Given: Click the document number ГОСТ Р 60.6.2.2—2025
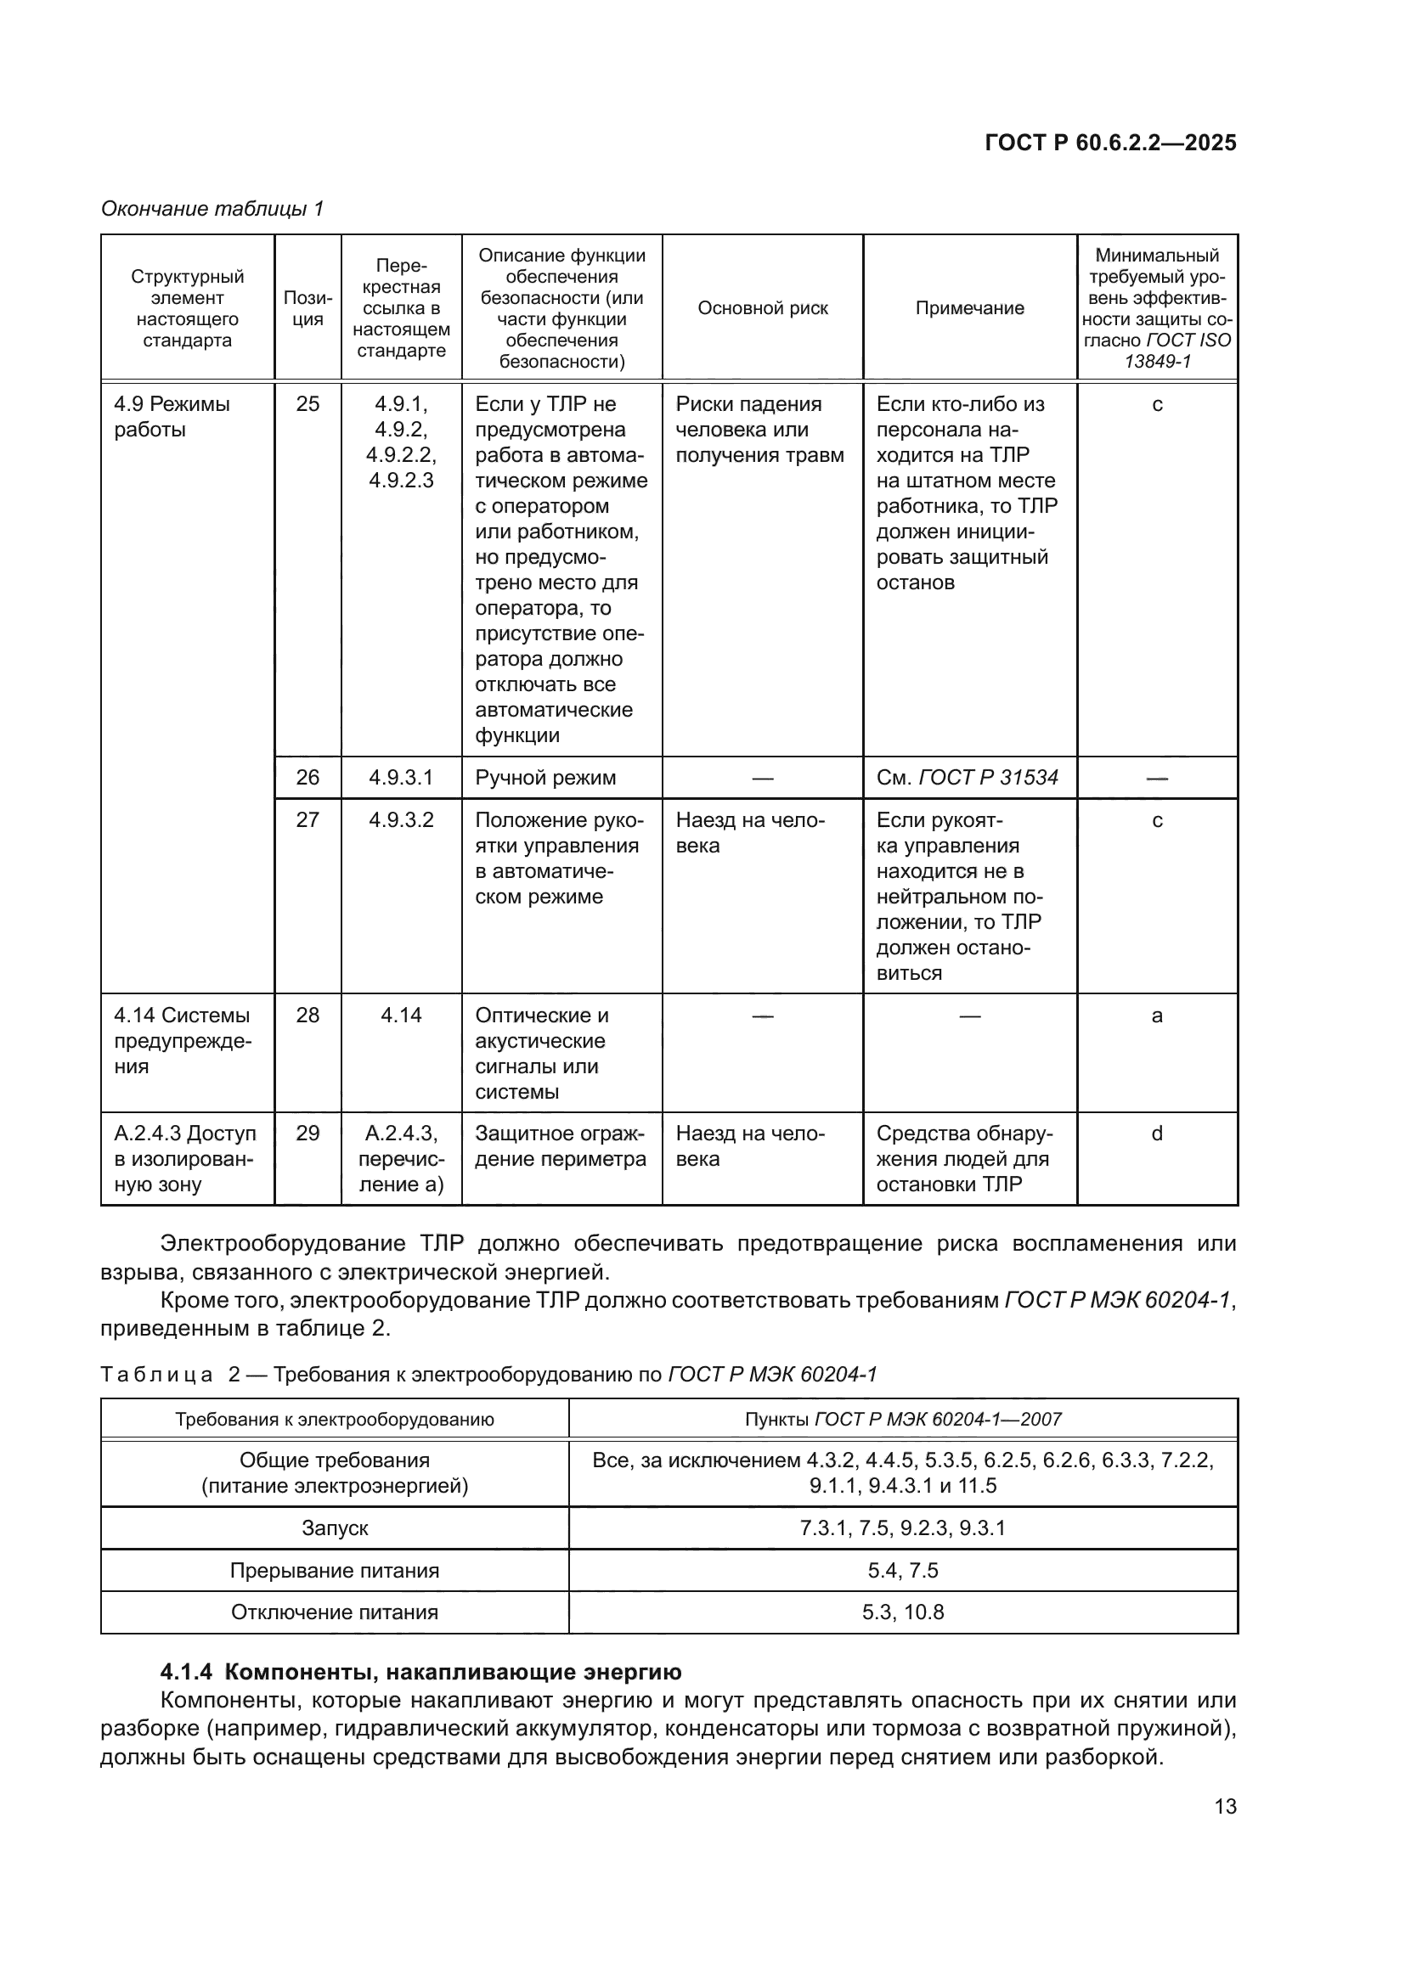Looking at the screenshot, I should tap(1110, 143).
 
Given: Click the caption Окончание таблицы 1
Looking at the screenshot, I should tap(212, 209).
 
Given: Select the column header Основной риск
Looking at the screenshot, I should tap(762, 308).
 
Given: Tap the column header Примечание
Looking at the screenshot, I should tap(969, 308).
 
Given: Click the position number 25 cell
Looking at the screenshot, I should tap(308, 404).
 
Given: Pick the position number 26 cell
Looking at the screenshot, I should tap(308, 778).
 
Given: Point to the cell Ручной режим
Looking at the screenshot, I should tap(545, 778).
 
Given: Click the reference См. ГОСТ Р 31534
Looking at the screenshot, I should tap(967, 778).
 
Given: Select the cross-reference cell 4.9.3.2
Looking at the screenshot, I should tap(401, 820).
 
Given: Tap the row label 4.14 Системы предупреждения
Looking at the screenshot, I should tap(182, 1041).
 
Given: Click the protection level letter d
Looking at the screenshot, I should tap(1157, 1134).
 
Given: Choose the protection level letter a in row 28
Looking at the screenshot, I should tap(1157, 1016).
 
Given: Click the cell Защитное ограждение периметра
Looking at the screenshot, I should tap(560, 1146).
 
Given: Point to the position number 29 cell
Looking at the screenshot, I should tap(308, 1134).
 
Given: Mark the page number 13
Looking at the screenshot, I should tap(1225, 1806).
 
